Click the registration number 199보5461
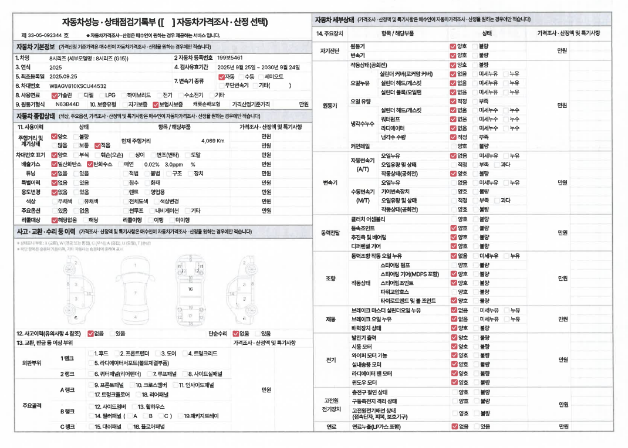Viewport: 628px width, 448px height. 230,58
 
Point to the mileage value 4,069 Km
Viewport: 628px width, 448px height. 212,141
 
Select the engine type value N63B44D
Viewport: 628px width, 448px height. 67,104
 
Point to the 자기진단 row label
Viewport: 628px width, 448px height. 329,50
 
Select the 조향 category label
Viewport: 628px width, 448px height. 330,278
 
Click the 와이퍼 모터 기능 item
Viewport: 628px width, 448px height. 369,355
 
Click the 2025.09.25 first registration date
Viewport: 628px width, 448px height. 63,76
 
